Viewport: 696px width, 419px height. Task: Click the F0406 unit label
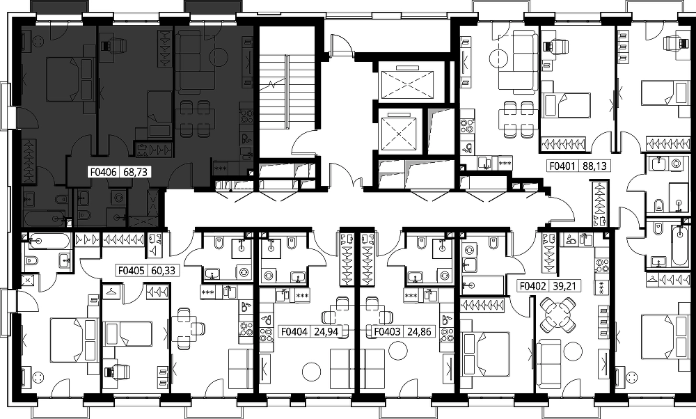click(x=104, y=172)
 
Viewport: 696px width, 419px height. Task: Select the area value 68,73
click(x=135, y=172)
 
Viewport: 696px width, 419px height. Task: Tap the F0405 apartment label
click(x=132, y=270)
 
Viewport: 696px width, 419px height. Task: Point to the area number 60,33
click(x=163, y=270)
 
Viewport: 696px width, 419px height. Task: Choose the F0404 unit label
click(x=294, y=331)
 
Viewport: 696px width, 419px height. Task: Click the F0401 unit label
click(x=562, y=166)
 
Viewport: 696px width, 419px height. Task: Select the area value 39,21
click(x=564, y=286)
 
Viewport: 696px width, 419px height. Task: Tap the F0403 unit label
click(x=388, y=331)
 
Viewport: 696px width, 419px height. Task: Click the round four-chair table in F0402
click(x=557, y=315)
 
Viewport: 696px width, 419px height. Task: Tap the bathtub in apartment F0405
click(x=46, y=242)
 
